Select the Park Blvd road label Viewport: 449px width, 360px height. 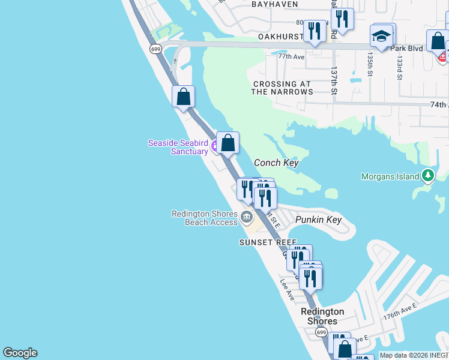pos(406,48)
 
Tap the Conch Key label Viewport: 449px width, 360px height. pos(276,163)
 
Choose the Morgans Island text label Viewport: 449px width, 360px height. pos(390,176)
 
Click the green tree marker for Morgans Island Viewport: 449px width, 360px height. pos(427,176)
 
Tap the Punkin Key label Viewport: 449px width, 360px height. pos(319,220)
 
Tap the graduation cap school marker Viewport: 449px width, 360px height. pos(381,37)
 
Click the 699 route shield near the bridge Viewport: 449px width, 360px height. pos(155,49)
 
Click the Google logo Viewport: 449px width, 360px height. pos(20,353)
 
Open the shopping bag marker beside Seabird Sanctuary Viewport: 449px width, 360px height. pos(228,143)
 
